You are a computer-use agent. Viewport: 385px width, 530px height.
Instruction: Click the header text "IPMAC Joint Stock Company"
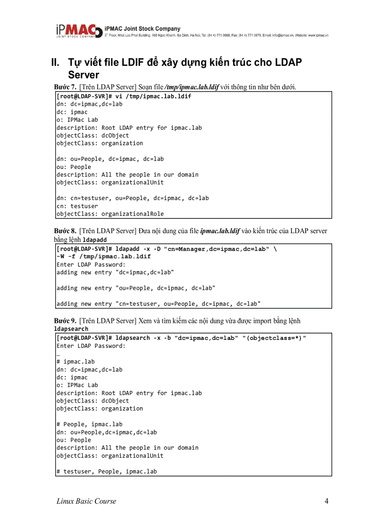tap(142, 29)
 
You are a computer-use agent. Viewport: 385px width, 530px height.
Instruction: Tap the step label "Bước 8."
tap(65, 231)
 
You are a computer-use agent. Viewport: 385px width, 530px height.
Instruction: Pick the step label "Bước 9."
tap(65, 321)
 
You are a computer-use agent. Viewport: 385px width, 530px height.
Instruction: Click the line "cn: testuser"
tap(77, 206)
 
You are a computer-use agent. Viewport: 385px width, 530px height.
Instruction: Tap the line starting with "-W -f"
tap(104, 256)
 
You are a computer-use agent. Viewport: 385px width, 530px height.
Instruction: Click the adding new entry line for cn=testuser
tap(159, 303)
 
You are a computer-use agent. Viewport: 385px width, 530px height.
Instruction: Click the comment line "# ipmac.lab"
tap(75, 362)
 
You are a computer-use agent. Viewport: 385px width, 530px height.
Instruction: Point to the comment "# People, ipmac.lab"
tap(89, 424)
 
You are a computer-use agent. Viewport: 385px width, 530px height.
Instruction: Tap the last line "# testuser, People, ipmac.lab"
tap(107, 471)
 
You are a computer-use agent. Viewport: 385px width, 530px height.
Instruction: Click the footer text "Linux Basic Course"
tap(86, 501)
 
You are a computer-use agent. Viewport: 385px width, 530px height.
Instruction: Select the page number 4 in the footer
tap(326, 501)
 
